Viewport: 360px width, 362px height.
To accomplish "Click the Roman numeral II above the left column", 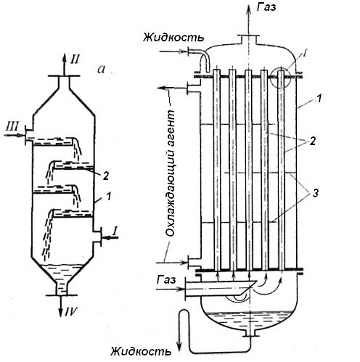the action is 75,59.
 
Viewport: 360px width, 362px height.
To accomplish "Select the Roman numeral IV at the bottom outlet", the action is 70,312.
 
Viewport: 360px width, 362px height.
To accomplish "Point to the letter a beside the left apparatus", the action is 102,70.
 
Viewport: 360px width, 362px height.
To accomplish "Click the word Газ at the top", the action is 266,7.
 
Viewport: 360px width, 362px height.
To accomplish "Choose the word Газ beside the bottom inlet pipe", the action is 166,280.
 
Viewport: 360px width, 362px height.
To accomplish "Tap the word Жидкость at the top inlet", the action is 173,38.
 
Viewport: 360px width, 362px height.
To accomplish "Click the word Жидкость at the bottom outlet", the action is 141,351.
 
